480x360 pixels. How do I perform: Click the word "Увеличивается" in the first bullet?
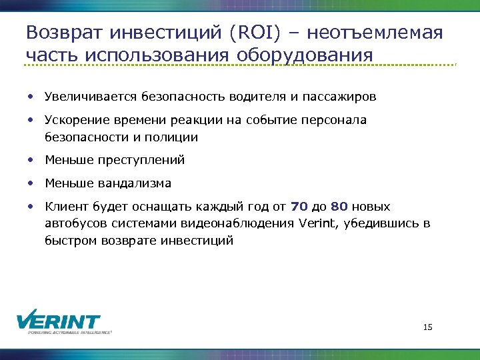[x=91, y=97]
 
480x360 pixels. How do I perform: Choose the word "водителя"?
[x=258, y=97]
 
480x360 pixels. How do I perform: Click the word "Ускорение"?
[x=74, y=120]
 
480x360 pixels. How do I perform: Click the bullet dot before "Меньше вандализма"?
[x=31, y=183]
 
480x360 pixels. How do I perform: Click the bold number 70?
[x=299, y=206]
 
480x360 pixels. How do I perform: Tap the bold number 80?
[x=339, y=206]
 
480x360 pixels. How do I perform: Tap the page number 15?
[x=428, y=327]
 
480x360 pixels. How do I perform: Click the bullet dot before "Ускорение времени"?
[x=31, y=120]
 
